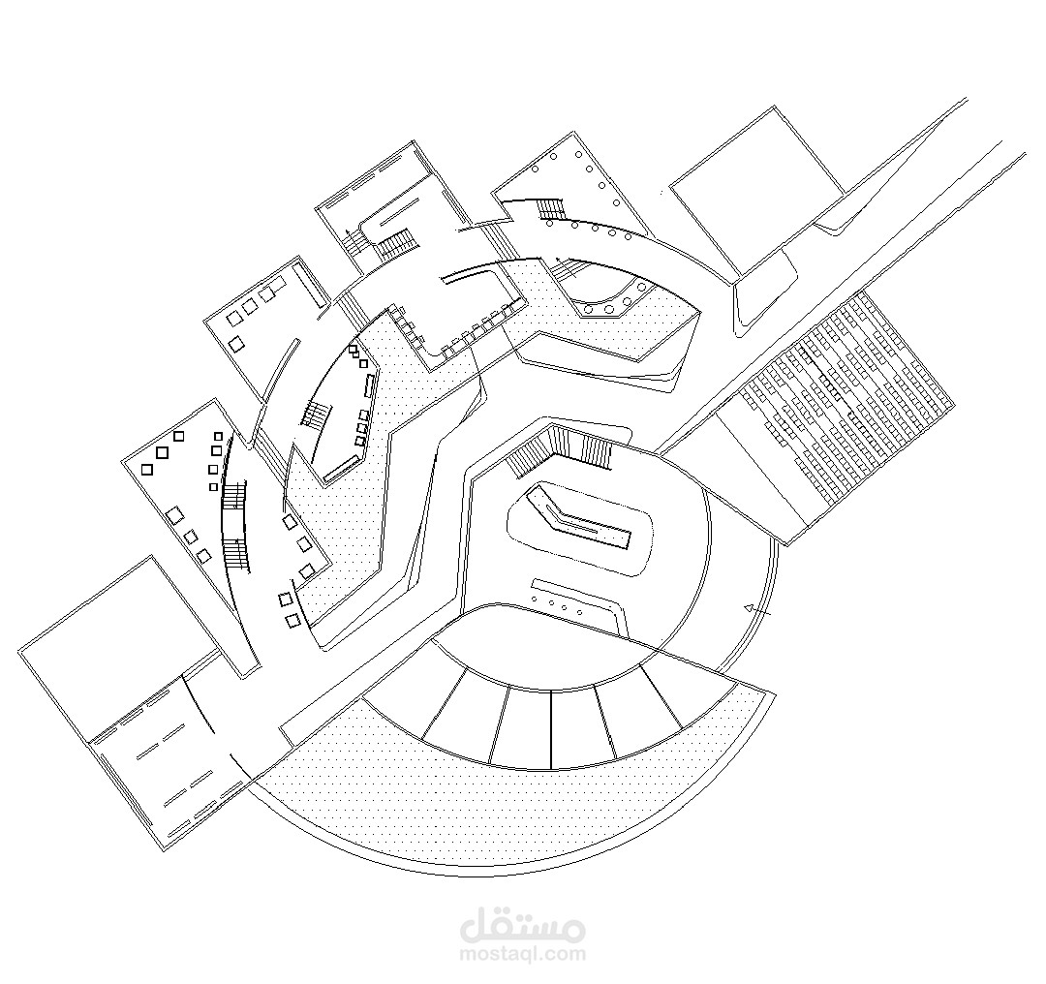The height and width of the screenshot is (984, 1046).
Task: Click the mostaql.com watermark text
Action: (x=522, y=953)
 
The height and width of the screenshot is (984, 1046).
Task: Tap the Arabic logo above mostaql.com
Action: (x=522, y=925)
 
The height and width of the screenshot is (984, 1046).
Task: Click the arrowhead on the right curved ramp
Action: (x=749, y=608)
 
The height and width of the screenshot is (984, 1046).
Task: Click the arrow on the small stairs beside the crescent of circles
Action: (x=567, y=267)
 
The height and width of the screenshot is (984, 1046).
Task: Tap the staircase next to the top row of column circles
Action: (x=552, y=207)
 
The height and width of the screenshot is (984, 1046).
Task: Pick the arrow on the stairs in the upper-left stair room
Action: (x=348, y=237)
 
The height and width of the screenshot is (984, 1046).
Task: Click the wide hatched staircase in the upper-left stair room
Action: (x=398, y=243)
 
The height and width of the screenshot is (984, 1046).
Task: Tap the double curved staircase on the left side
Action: (x=234, y=526)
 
